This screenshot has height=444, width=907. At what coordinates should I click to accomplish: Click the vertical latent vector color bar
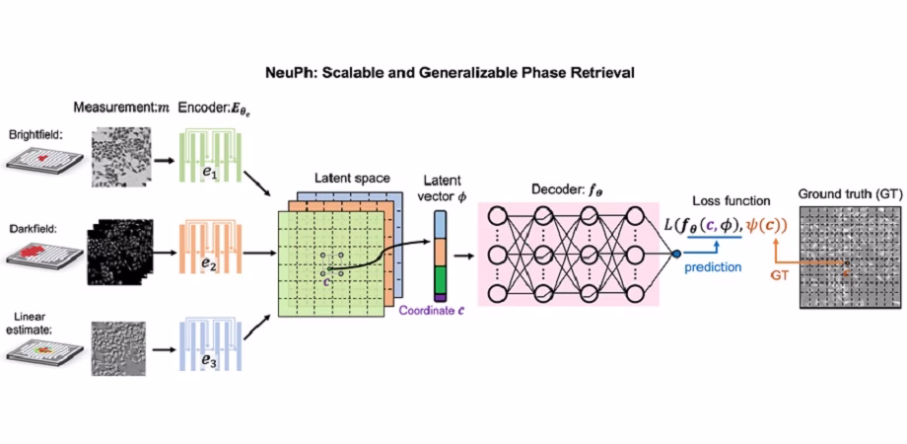click(x=442, y=256)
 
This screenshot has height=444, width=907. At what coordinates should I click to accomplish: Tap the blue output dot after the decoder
click(x=676, y=254)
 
